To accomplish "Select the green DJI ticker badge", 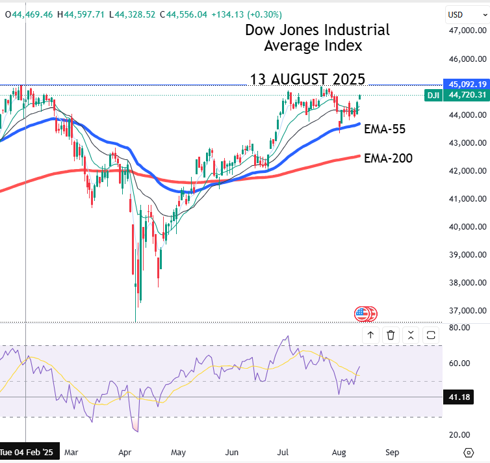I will click(433, 95).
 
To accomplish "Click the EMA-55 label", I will click(385, 129).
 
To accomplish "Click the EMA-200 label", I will click(388, 157).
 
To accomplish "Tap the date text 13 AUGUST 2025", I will click(307, 79).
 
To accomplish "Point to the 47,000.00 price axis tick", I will click(467, 31).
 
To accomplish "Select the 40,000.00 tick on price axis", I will click(467, 227).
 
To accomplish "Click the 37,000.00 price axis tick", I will click(467, 311).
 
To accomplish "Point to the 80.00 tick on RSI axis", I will click(460, 328).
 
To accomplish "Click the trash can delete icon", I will click(391, 335).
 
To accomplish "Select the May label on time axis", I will click(178, 451).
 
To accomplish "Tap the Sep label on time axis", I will click(391, 451).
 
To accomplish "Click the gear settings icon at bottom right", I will click(469, 452).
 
